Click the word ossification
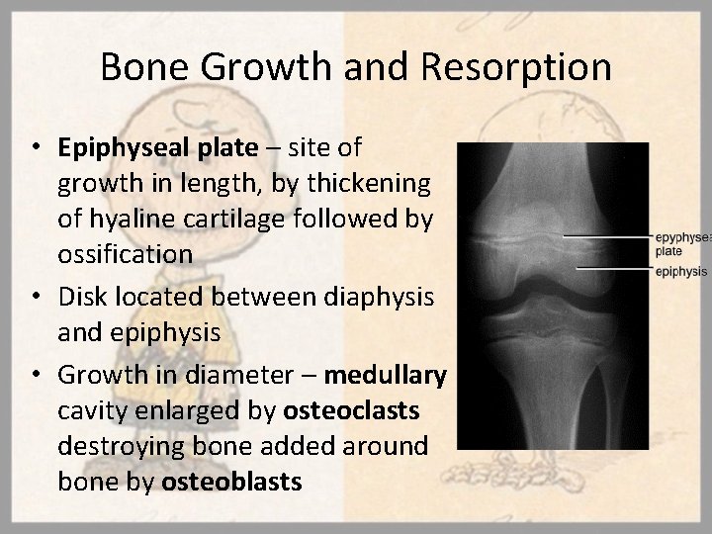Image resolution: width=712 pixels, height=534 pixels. click(125, 254)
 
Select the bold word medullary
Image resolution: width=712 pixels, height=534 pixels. click(386, 376)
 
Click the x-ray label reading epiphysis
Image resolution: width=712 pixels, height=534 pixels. click(680, 271)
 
